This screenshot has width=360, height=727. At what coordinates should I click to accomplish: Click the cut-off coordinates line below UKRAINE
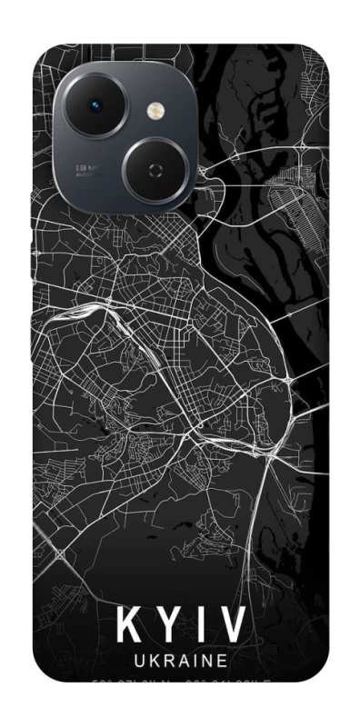[180, 680]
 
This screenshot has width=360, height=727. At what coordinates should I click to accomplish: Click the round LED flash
[155, 111]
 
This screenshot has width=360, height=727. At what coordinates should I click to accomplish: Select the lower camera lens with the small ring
[155, 169]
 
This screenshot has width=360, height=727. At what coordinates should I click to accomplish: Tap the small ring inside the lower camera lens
[155, 169]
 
